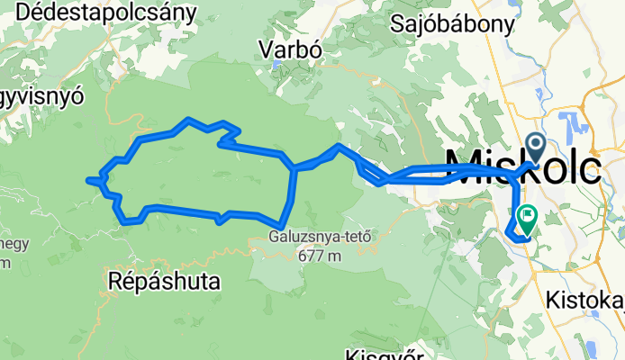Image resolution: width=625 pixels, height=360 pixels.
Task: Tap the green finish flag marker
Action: click(x=526, y=217)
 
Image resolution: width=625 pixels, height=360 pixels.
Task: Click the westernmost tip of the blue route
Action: click(x=88, y=181)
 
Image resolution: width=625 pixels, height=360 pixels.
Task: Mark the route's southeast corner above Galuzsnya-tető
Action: click(x=282, y=225)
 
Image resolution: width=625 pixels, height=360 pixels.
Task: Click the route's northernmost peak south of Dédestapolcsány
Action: click(x=187, y=119)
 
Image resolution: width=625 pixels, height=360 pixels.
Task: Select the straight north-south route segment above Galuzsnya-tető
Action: click(x=291, y=193)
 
